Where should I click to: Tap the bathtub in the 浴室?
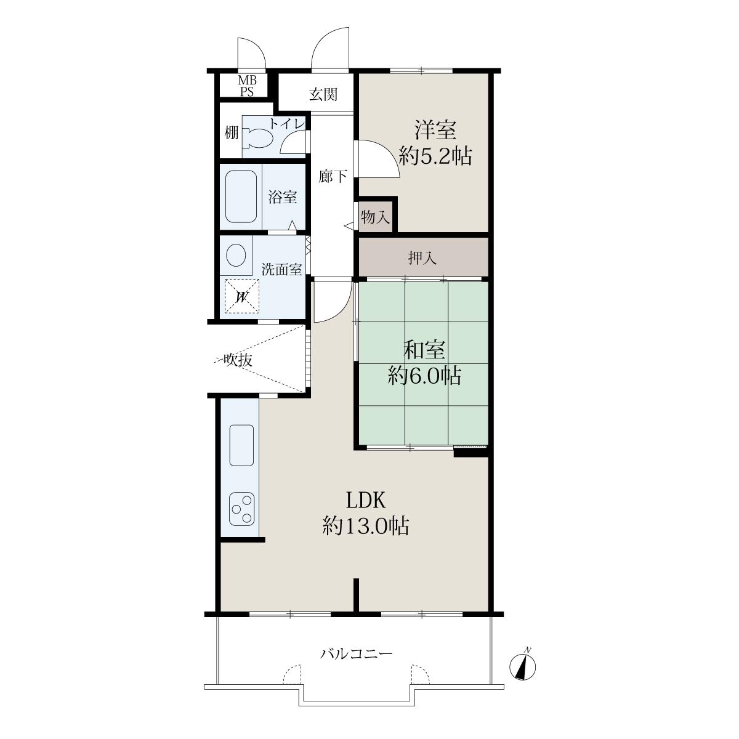point(241,196)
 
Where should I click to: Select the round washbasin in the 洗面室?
point(236,254)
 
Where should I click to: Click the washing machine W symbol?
point(241,296)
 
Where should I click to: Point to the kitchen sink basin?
point(241,445)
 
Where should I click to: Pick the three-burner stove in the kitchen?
point(241,509)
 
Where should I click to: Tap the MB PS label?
point(248,86)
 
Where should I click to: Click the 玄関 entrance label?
point(323,94)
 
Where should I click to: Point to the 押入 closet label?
point(422,257)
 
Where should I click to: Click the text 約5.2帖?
point(435,155)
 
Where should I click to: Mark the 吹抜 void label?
point(238,360)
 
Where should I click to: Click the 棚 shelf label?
point(232,134)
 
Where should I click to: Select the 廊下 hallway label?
point(333,176)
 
